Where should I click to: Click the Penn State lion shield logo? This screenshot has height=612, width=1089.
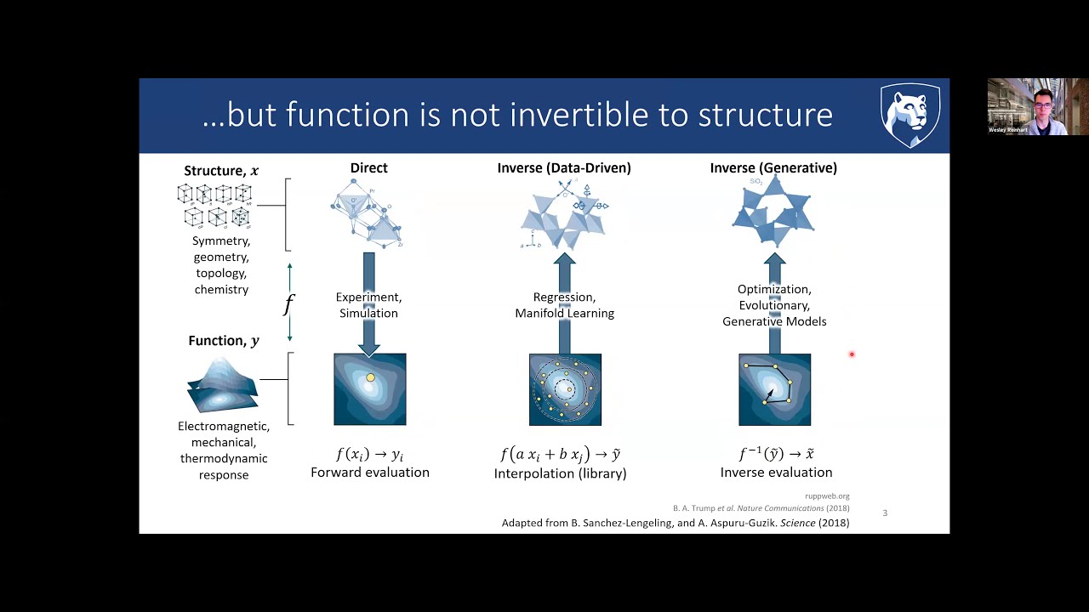coord(909,115)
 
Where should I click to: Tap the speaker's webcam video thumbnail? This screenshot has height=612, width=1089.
coord(1037,106)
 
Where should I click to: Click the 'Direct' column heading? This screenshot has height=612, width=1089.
coord(368,168)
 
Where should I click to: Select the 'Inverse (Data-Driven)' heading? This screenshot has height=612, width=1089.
coord(564,168)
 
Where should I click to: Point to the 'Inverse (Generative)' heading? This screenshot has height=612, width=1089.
coord(773,168)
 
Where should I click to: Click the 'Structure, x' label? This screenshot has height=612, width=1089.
coord(221,171)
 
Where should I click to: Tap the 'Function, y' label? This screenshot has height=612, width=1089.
coord(224,341)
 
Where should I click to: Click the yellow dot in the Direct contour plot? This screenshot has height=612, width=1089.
coord(370,377)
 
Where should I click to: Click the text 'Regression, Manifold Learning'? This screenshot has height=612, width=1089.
coord(564,305)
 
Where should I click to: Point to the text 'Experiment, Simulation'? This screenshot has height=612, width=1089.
coord(368,305)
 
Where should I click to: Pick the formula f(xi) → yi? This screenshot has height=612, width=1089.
coord(369,454)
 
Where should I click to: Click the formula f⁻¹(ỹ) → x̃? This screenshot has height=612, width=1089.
coord(776,454)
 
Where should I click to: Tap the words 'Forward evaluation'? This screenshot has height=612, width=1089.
coord(369,473)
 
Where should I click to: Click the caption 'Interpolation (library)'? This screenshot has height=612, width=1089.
coord(560,473)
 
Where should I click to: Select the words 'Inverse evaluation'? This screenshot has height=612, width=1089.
coord(776,473)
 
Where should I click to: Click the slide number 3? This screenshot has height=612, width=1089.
coord(885,513)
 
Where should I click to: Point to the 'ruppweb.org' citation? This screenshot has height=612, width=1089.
coord(827,496)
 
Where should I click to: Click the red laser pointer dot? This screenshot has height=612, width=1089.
coord(851,354)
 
